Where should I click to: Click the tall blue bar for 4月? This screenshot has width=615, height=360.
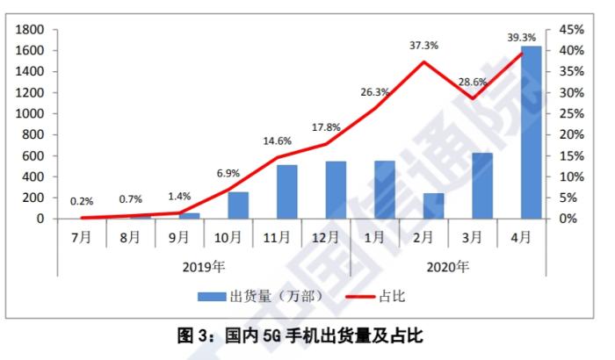pos(531,132)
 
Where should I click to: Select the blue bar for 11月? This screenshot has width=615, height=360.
pos(286,191)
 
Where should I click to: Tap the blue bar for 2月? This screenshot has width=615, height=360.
pos(433,205)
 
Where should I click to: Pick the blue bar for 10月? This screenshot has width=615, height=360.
pos(238,205)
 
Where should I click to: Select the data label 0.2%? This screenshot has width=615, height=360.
pos(82,201)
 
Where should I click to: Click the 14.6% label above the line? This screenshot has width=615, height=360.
pos(277,140)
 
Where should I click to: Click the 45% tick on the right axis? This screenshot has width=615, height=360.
pos(572,29)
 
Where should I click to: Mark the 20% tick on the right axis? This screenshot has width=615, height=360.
pos(572,134)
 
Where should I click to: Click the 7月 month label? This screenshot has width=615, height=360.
pos(82,236)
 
